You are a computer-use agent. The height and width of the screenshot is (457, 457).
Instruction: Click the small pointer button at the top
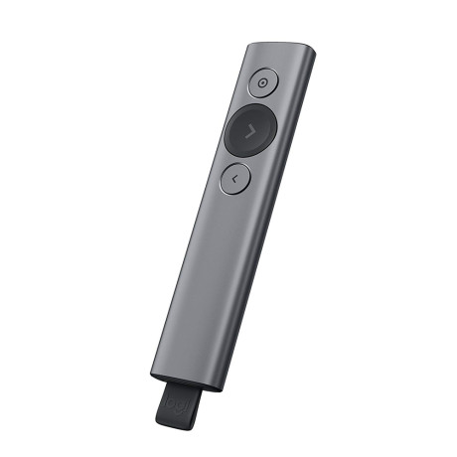[262, 84]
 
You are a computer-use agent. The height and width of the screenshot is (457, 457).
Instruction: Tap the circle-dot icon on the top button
[262, 84]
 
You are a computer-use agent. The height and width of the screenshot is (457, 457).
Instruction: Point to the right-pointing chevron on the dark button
[248, 130]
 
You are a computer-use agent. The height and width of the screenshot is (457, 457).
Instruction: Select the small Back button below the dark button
[233, 178]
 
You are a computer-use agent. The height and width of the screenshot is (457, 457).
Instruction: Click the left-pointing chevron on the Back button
[232, 178]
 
